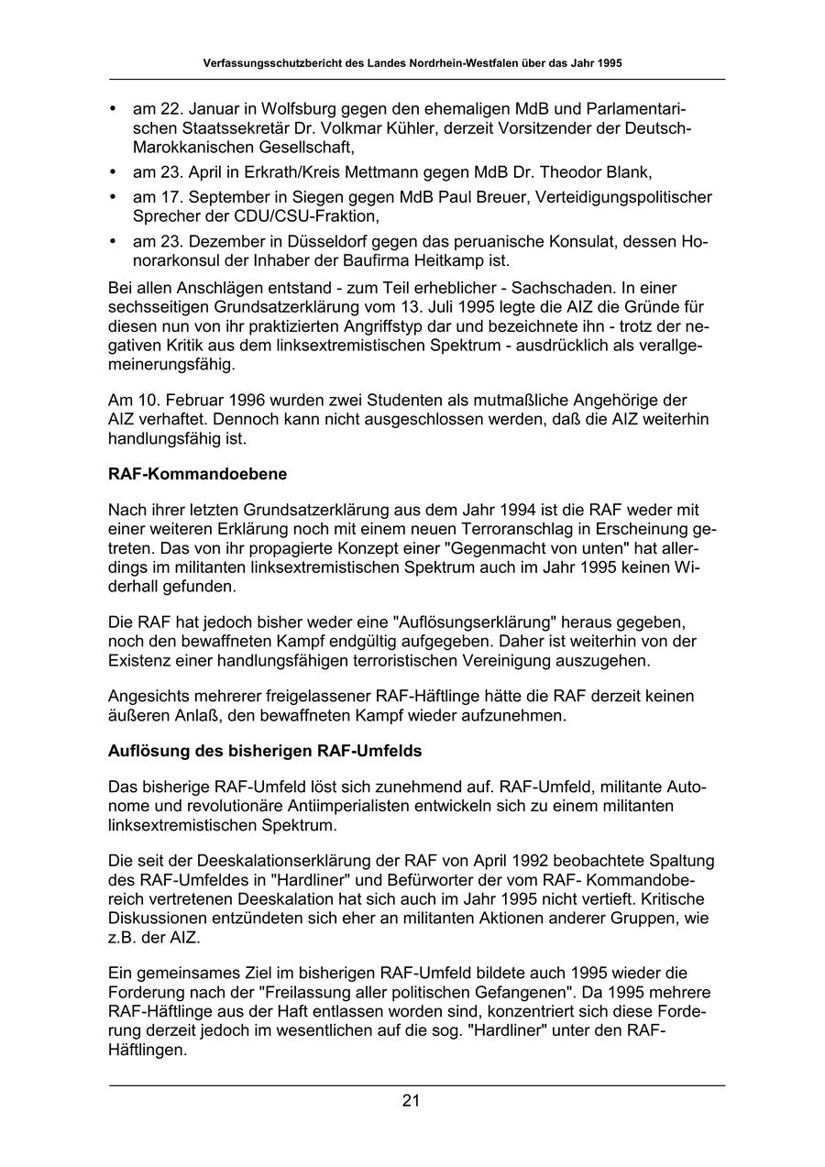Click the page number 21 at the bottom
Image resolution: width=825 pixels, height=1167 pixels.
[x=411, y=1101]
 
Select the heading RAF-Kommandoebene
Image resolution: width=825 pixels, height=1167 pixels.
[x=197, y=474]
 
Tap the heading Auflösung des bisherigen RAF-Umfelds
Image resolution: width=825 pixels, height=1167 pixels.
[x=265, y=751]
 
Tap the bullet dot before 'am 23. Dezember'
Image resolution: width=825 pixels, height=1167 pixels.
[x=113, y=242]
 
